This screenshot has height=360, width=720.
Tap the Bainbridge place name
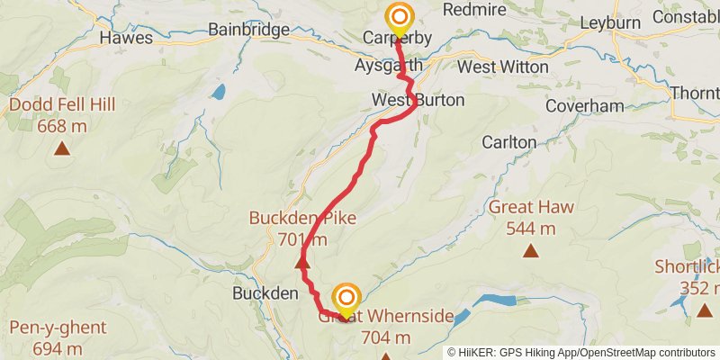[248, 30]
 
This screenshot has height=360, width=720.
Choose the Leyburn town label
[610, 22]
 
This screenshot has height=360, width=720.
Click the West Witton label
[502, 67]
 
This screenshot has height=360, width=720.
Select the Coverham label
[584, 106]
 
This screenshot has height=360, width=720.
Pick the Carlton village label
[508, 142]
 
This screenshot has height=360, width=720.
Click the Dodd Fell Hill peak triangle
[62, 148]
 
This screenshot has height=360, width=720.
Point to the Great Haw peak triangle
[531, 251]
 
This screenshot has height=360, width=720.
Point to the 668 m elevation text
[62, 126]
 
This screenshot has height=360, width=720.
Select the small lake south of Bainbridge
[218, 92]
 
